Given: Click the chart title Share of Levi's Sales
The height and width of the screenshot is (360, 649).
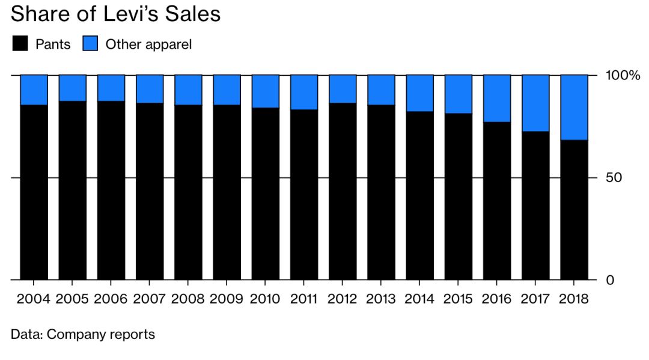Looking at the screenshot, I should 115,14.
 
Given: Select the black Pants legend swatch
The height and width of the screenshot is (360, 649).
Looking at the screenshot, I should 20,43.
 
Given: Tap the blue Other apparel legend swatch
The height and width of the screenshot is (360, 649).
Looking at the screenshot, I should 90,43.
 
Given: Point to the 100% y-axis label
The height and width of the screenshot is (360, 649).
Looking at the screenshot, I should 623,75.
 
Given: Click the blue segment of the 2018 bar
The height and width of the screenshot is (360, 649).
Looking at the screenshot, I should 574,107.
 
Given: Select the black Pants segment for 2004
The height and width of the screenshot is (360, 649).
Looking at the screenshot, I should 34,192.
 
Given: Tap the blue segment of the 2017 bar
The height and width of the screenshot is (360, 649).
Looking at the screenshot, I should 535,103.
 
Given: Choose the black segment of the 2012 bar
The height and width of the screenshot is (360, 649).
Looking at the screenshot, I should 343,191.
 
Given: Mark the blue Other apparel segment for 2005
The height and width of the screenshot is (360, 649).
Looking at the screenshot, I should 72,88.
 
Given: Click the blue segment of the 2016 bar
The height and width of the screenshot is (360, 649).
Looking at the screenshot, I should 497,98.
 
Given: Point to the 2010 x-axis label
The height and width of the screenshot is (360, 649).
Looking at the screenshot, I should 265,299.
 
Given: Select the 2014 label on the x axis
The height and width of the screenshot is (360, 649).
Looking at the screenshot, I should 419,299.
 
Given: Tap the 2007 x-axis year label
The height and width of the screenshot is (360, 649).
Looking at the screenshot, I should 149,299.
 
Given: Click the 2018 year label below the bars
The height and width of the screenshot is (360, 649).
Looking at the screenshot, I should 574,299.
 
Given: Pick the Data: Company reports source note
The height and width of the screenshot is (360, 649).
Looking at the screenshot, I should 83,334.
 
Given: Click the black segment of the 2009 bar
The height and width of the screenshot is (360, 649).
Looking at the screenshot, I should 227,192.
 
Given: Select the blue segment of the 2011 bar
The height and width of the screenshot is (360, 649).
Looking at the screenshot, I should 304,92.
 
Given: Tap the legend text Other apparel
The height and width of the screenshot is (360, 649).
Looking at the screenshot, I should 148,44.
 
